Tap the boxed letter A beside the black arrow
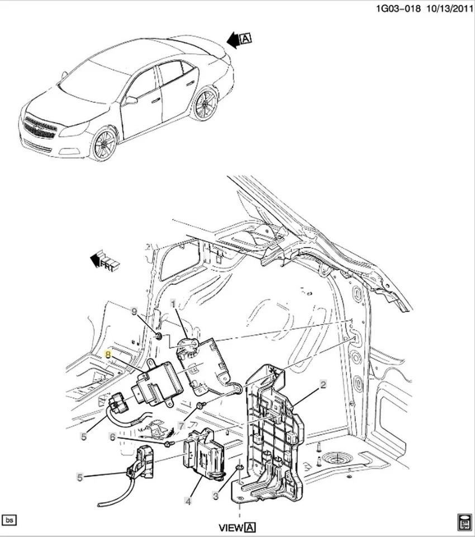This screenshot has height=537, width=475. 246,38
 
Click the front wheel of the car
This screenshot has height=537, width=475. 103,143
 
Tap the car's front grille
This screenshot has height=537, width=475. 40,128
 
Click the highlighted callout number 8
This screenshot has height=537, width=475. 108,355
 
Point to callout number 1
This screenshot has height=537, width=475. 173,303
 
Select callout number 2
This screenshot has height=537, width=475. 322,384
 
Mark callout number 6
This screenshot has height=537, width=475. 112,437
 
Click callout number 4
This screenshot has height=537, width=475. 188,502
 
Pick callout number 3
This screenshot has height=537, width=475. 215,495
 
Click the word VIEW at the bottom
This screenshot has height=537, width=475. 231,527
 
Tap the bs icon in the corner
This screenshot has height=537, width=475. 9,520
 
